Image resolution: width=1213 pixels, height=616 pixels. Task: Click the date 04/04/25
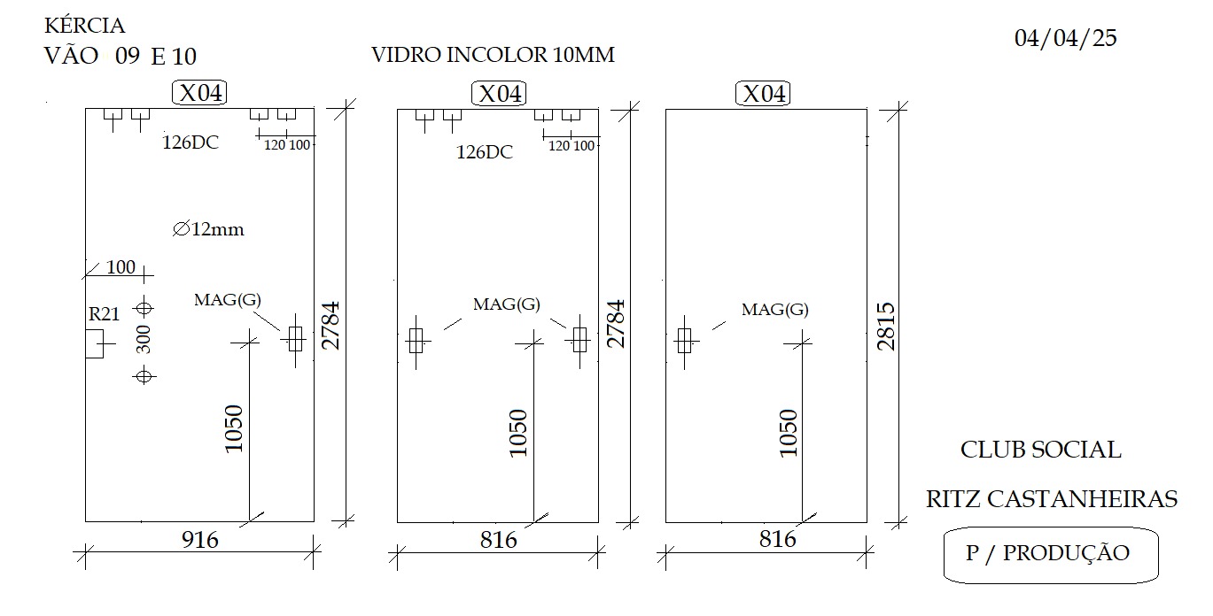click(1065, 38)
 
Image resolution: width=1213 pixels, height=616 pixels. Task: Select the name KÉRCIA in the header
click(84, 26)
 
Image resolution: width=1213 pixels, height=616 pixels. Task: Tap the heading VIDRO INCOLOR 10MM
click(493, 55)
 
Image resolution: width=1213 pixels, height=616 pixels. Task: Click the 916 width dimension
click(200, 540)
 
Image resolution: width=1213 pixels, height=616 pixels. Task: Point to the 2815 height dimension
click(886, 326)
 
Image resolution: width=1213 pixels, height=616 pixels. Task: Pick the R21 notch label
click(104, 313)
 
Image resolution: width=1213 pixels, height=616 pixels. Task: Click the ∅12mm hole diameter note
click(208, 229)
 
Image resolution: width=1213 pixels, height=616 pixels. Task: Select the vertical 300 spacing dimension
click(144, 339)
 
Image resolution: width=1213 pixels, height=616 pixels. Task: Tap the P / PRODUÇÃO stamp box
click(1051, 556)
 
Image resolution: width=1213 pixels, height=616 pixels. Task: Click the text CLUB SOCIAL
click(1041, 450)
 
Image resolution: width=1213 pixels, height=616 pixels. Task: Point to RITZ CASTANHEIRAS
click(1052, 498)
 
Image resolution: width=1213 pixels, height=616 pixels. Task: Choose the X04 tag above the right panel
click(763, 94)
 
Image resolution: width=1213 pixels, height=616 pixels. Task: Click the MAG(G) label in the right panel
click(775, 310)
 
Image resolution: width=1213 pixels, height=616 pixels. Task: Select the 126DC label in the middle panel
click(484, 152)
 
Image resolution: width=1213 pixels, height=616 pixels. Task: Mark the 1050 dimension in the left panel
click(234, 428)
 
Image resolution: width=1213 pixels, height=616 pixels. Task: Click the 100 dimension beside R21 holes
click(121, 266)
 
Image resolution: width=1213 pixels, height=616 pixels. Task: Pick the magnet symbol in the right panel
click(685, 342)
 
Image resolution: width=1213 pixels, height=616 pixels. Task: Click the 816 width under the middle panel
click(498, 540)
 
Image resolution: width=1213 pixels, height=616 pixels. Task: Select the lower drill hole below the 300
click(144, 375)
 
